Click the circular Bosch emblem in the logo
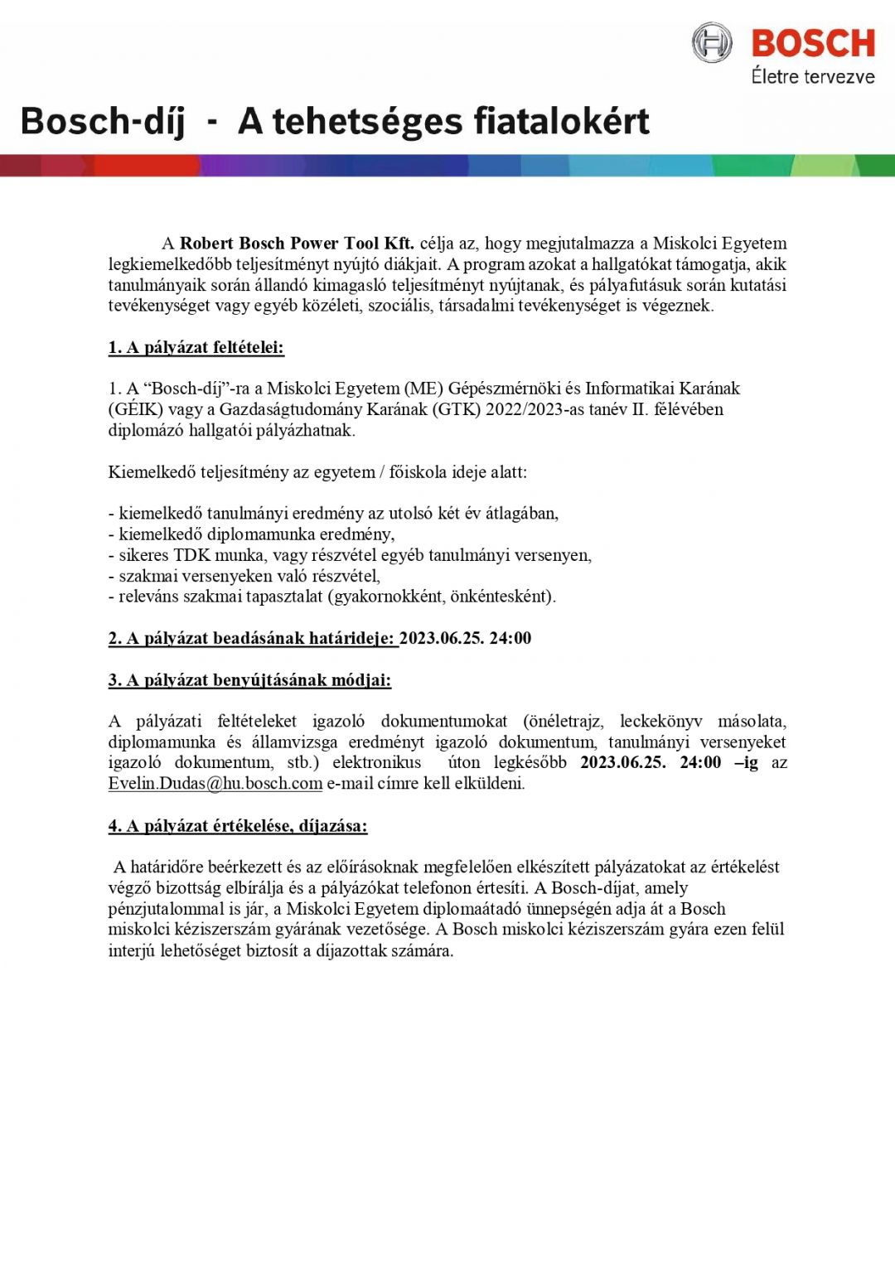(x=712, y=43)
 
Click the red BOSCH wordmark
(x=813, y=43)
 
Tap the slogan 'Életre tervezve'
(x=813, y=77)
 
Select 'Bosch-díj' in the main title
(x=102, y=121)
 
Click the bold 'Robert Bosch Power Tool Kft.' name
(x=297, y=244)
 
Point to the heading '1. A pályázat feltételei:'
(x=196, y=347)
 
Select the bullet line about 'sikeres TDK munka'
(x=351, y=555)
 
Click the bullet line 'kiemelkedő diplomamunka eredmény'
(x=252, y=534)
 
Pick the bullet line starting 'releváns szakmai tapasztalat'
(x=332, y=597)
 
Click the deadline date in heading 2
(x=465, y=638)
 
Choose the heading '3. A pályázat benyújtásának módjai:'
(x=249, y=680)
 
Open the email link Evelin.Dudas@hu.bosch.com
(x=215, y=784)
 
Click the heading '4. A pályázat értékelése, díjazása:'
(x=238, y=826)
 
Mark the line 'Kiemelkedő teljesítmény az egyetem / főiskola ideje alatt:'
(x=317, y=472)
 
